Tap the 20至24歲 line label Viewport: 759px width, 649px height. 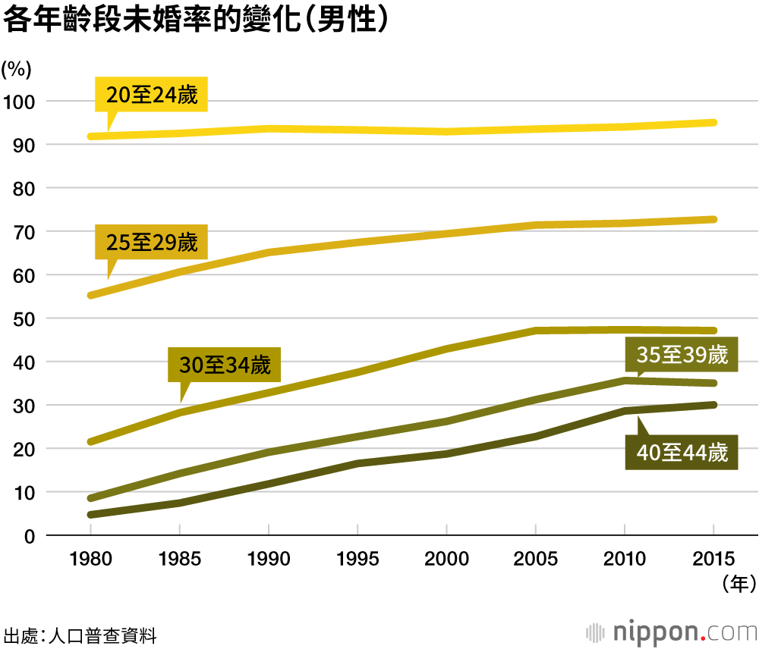[x=152, y=96]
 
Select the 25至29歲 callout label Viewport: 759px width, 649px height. [x=152, y=243]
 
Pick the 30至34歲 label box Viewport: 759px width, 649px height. [x=225, y=365]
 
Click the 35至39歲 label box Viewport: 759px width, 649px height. [x=682, y=355]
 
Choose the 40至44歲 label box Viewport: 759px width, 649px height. [x=682, y=453]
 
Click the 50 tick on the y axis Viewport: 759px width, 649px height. [x=24, y=318]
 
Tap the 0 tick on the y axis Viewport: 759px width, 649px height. [x=30, y=536]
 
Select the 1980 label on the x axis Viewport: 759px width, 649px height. [x=90, y=560]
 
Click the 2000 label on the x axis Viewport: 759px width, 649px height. [x=446, y=560]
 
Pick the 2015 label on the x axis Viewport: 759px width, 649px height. [x=713, y=560]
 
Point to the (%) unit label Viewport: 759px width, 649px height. [x=16, y=69]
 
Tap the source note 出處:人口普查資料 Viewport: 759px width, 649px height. [x=80, y=635]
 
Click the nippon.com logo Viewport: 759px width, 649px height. [x=671, y=631]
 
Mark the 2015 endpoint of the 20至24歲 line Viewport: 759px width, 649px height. [x=713, y=123]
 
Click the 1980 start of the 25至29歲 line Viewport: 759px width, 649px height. [x=91, y=295]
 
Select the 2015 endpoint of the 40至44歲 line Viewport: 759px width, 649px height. [x=713, y=405]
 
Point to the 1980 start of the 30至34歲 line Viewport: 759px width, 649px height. [x=91, y=441]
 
